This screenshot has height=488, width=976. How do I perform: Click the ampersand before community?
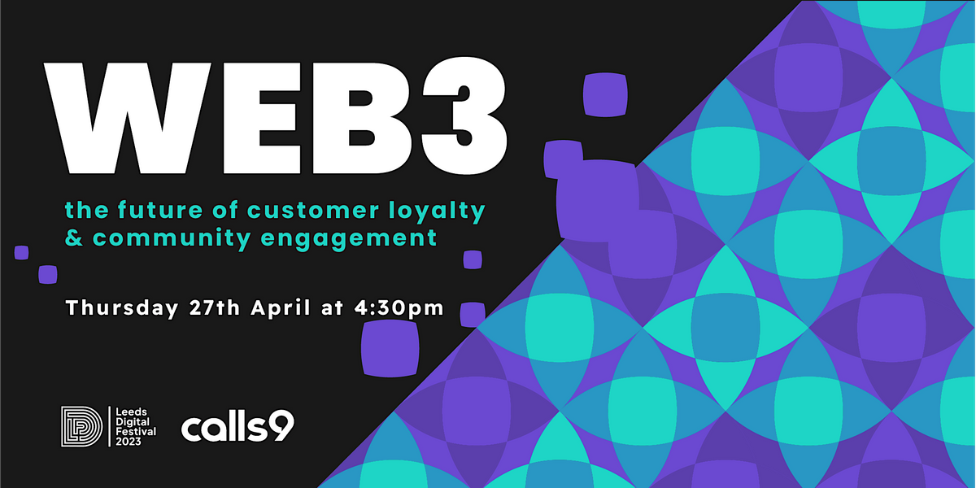74,239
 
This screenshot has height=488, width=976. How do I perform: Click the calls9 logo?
237,427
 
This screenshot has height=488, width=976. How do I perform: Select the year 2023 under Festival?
131,441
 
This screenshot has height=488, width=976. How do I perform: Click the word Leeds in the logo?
131,412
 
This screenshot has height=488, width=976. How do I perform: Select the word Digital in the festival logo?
133,422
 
